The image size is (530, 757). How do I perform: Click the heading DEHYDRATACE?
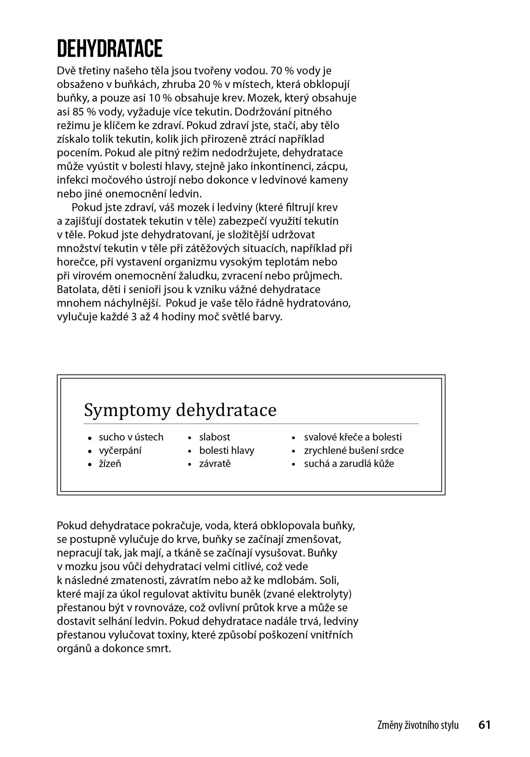click(110, 48)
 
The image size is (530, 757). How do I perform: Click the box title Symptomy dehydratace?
click(180, 410)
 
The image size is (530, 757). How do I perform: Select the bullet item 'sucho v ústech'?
click(131, 437)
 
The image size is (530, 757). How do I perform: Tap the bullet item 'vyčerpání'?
click(120, 451)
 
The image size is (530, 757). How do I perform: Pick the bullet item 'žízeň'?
click(110, 464)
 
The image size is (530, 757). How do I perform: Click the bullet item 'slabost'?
click(214, 437)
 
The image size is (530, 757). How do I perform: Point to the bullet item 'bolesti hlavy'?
click(227, 450)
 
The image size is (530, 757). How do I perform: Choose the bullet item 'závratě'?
click(214, 464)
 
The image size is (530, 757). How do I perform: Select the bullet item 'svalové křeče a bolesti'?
click(353, 437)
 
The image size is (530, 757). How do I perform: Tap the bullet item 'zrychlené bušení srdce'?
click(354, 450)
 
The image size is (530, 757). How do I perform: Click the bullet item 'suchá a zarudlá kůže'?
click(349, 464)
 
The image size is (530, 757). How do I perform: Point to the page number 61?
click(484, 724)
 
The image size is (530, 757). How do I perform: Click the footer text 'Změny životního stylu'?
click(418, 725)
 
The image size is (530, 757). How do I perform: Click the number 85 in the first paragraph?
click(75, 112)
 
